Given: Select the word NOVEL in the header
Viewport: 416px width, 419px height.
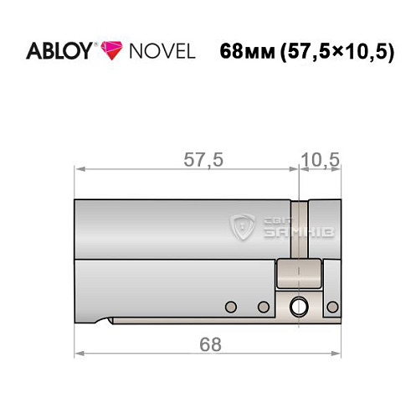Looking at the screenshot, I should click(x=159, y=51).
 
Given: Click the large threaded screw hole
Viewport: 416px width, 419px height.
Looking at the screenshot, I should click(x=296, y=308).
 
